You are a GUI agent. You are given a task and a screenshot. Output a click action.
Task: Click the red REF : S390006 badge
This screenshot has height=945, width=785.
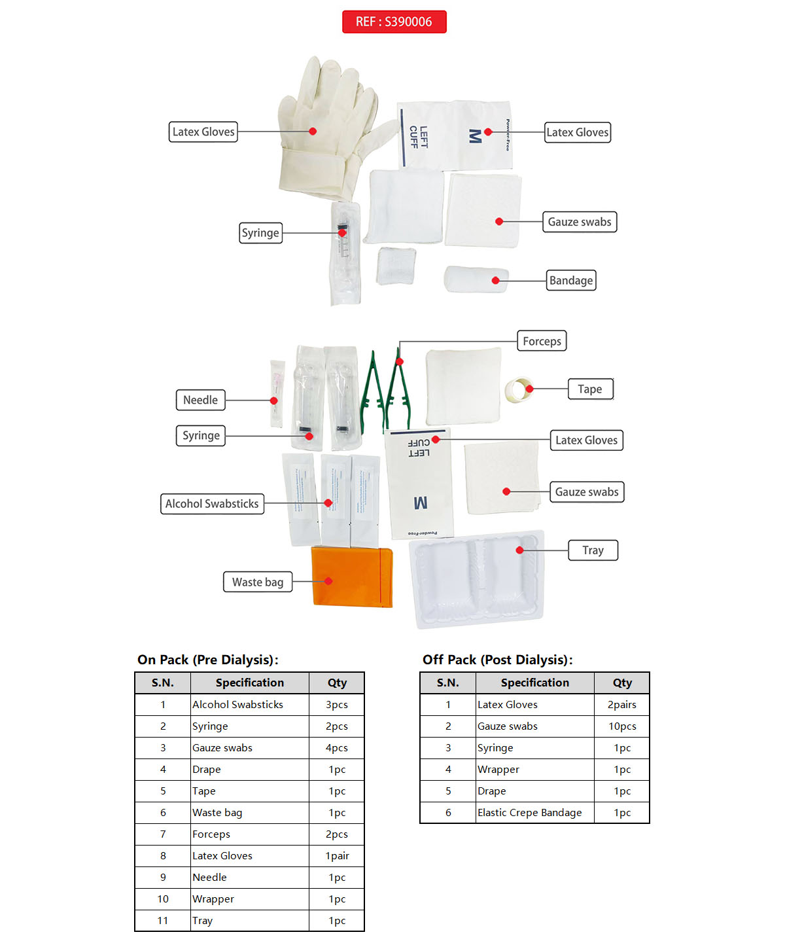point(394,22)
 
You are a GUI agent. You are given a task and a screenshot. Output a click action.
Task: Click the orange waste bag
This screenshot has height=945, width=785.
point(352,577)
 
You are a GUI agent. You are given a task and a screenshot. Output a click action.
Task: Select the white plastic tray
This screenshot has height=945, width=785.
point(477,580)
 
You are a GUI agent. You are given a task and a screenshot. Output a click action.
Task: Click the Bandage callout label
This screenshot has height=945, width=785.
point(571,281)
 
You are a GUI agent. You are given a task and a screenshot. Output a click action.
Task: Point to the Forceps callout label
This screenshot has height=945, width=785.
point(542,341)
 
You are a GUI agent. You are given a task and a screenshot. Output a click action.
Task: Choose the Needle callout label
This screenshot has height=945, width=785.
point(200,400)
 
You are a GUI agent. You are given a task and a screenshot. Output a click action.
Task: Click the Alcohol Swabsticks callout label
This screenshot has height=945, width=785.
point(212,504)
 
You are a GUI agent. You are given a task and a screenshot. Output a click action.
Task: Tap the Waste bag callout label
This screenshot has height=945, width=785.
point(258,582)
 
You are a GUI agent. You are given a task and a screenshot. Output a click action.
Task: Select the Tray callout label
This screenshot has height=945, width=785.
point(593,550)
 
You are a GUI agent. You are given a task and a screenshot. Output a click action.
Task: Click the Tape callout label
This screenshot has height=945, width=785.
point(590,389)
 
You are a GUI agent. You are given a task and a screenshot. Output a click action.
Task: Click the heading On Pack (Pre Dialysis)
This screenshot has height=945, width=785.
point(208,660)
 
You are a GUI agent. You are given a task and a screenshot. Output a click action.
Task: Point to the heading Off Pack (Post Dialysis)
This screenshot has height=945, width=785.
point(497,660)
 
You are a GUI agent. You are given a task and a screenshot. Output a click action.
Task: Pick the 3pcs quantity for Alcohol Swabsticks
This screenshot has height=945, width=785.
point(337,705)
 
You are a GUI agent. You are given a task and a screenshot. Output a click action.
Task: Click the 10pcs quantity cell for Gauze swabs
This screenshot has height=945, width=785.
point(622,726)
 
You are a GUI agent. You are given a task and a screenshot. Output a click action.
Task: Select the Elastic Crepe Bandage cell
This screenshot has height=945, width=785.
point(530,813)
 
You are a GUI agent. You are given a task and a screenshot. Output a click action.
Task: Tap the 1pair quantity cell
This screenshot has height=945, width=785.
point(337,856)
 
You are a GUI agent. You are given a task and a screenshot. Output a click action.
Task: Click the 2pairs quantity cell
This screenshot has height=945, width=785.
point(622,705)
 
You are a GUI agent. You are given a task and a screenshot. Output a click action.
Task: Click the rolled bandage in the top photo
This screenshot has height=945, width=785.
point(476,279)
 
